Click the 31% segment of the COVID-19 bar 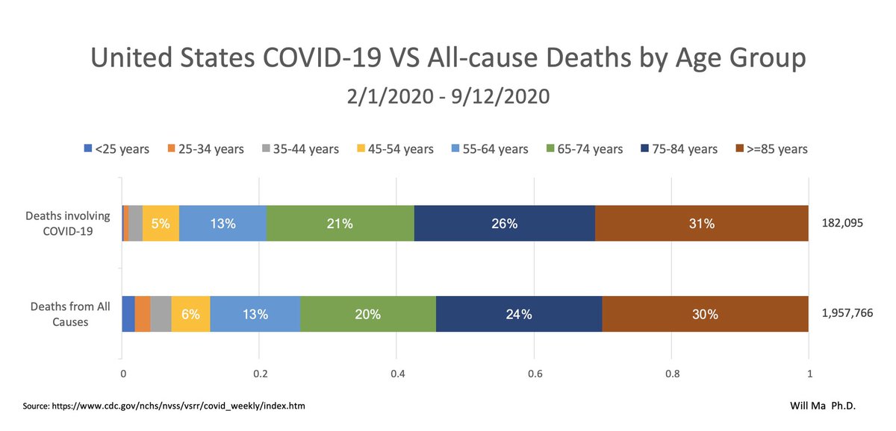pyautogui.click(x=702, y=223)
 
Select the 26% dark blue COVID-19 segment pyautogui.click(x=505, y=223)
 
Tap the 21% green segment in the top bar pyautogui.click(x=340, y=223)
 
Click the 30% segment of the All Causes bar pyautogui.click(x=705, y=314)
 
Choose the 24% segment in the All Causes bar pyautogui.click(x=519, y=314)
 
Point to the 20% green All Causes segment pyautogui.click(x=368, y=314)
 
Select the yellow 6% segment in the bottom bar pyautogui.click(x=190, y=314)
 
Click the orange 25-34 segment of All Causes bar pyautogui.click(x=143, y=314)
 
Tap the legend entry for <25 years pyautogui.click(x=116, y=149)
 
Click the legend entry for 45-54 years pyautogui.click(x=393, y=149)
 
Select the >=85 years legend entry pyautogui.click(x=771, y=149)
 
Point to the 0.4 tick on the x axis pyautogui.click(x=396, y=373)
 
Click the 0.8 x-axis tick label pyautogui.click(x=671, y=373)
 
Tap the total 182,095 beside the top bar pyautogui.click(x=842, y=223)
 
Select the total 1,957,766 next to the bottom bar pyautogui.click(x=847, y=314)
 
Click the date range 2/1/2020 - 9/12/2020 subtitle pyautogui.click(x=448, y=96)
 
